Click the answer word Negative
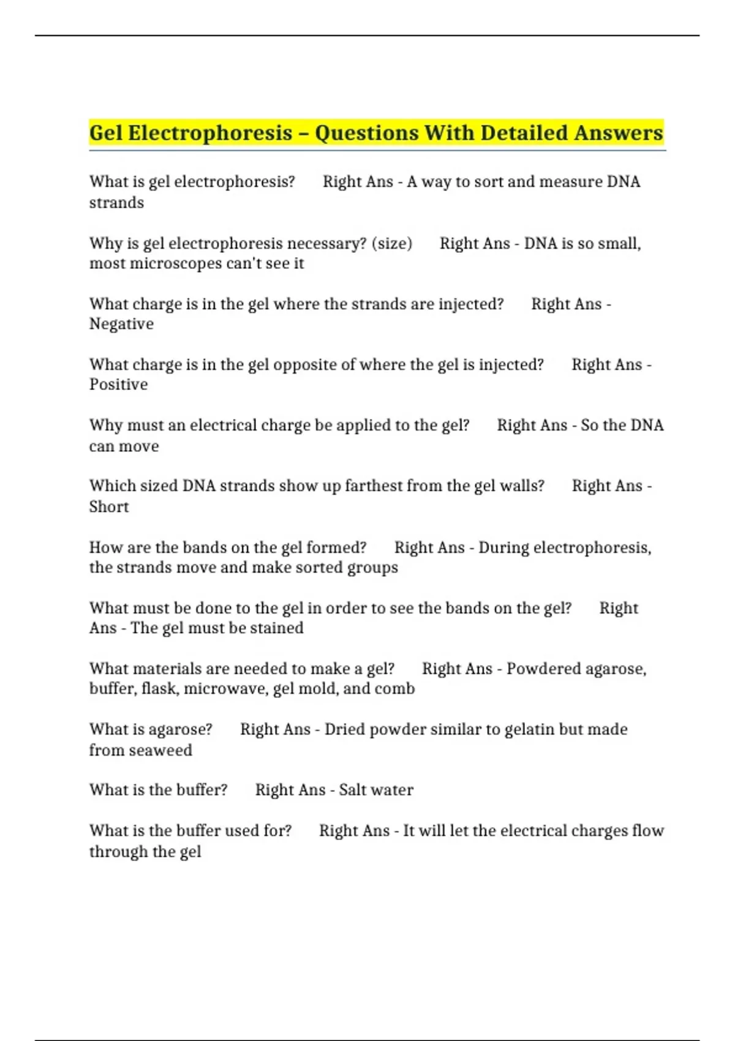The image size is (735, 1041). [x=121, y=324]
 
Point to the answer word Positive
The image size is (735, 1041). [x=118, y=385]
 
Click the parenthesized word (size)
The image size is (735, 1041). [x=392, y=244]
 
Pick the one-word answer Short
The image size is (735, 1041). [x=109, y=507]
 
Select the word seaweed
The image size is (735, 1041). [x=165, y=751]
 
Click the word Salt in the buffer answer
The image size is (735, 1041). [x=352, y=790]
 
